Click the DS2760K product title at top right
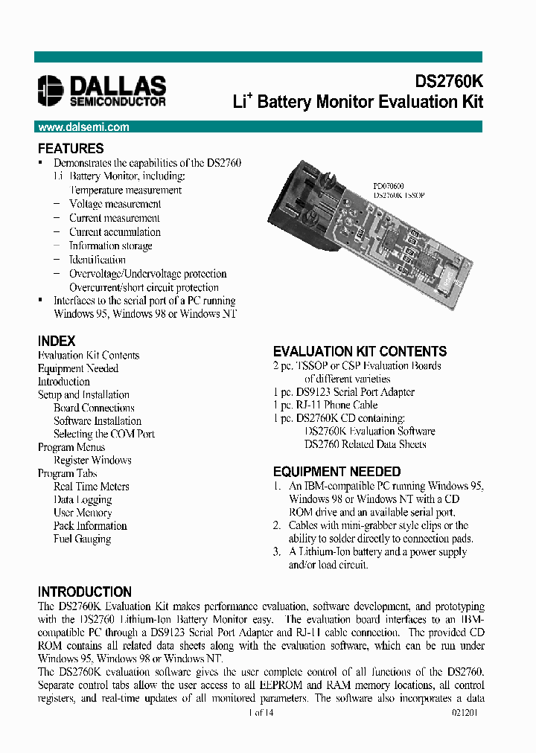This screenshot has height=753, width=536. click(x=448, y=82)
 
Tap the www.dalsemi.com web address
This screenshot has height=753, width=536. click(x=83, y=127)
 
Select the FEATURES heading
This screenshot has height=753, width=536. click(x=71, y=148)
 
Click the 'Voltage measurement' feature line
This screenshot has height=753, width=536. click(x=115, y=204)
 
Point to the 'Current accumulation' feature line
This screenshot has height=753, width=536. click(x=115, y=232)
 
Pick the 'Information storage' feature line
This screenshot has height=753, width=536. click(x=110, y=246)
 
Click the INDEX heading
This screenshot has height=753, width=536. click(x=57, y=341)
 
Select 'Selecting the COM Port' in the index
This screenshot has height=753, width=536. click(x=104, y=434)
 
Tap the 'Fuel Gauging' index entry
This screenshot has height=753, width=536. click(x=82, y=539)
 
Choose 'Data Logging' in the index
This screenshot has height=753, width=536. click(x=83, y=499)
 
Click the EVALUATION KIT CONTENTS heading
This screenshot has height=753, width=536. click(x=360, y=351)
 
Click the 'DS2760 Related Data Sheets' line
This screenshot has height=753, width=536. click(x=365, y=444)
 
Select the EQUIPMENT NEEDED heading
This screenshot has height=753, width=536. click(x=336, y=472)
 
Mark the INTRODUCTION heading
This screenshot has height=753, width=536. click(x=85, y=592)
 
